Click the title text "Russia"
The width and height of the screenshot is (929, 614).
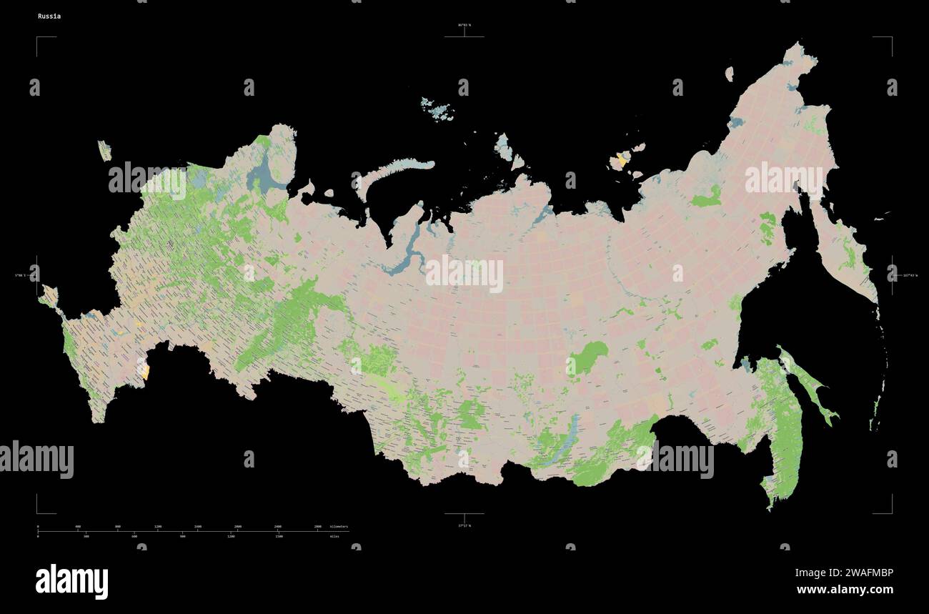(x=49, y=16)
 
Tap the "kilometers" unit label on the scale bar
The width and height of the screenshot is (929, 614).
(x=339, y=526)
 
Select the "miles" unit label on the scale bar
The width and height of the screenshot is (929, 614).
(x=334, y=536)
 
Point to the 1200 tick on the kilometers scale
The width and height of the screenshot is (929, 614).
(x=158, y=526)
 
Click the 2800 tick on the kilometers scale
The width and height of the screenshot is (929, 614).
(x=318, y=526)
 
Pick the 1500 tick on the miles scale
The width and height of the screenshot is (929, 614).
(x=279, y=536)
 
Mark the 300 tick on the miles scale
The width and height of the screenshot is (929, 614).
(x=86, y=536)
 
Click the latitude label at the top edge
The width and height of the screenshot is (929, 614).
(x=464, y=25)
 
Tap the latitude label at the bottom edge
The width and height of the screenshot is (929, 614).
(x=464, y=525)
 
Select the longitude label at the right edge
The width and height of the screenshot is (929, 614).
(x=910, y=275)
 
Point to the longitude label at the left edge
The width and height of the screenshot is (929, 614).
(x=19, y=275)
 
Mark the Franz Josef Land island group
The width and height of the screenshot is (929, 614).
(x=437, y=109)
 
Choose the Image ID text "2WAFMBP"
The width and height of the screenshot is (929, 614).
(x=844, y=573)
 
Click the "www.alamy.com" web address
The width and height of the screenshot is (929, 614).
(x=844, y=590)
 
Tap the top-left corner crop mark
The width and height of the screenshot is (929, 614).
(x=38, y=38)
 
